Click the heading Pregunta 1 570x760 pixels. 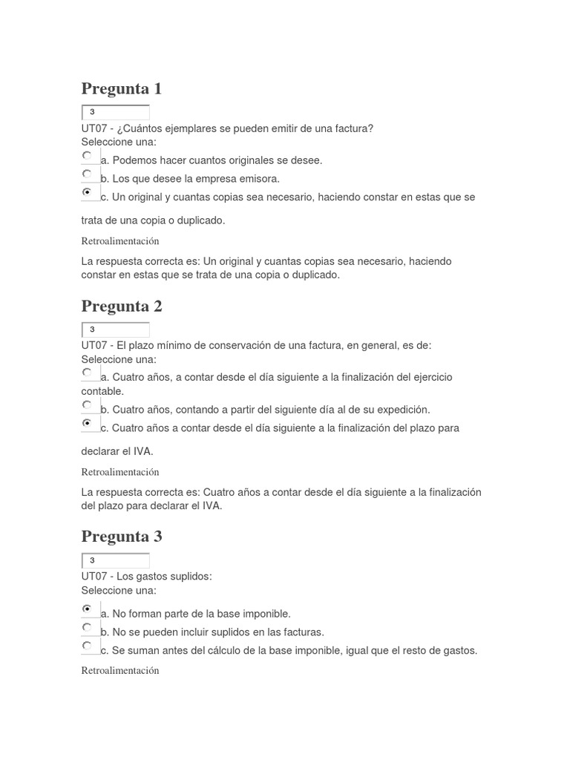pyautogui.click(x=121, y=89)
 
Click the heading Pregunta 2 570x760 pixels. pyautogui.click(x=121, y=306)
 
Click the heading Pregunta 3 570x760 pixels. pyautogui.click(x=121, y=537)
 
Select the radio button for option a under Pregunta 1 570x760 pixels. pyautogui.click(x=88, y=156)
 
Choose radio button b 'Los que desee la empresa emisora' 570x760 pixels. pyautogui.click(x=88, y=174)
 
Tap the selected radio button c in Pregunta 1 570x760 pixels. pyautogui.click(x=88, y=192)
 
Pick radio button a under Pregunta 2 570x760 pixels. pyautogui.click(x=88, y=373)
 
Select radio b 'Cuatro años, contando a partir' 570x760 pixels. pyautogui.click(x=88, y=405)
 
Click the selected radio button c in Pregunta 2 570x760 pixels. pyautogui.click(x=88, y=423)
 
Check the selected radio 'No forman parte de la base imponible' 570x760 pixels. pyautogui.click(x=88, y=609)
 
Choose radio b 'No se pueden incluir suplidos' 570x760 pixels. pyautogui.click(x=88, y=627)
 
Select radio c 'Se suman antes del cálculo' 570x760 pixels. pyautogui.click(x=88, y=646)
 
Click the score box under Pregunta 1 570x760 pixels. pyautogui.click(x=115, y=112)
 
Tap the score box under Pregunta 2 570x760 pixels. pyautogui.click(x=115, y=330)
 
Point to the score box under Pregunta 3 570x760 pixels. pyautogui.click(x=115, y=560)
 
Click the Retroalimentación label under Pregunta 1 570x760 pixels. pyautogui.click(x=119, y=241)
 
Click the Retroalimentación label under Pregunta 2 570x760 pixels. pyautogui.click(x=119, y=472)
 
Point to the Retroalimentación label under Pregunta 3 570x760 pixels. pyautogui.click(x=119, y=670)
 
